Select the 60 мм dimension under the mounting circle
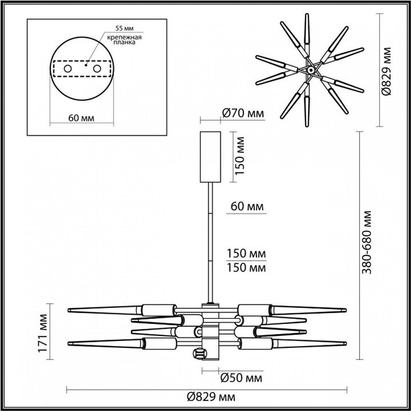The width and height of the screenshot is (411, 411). [81, 118]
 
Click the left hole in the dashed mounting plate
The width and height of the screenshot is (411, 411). [67, 69]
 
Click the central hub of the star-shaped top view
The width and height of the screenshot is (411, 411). [311, 71]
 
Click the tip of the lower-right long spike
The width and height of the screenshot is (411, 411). [345, 342]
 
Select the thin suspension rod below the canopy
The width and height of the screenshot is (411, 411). [211, 242]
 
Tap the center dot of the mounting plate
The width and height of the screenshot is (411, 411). [86, 65]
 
